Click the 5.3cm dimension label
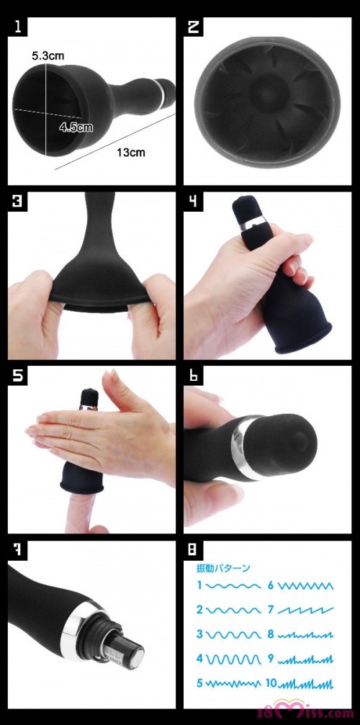tap(48, 56)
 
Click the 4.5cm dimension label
tap(76, 127)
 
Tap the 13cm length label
tap(131, 152)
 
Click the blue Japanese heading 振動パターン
tap(222, 568)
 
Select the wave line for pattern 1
tap(233, 586)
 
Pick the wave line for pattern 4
tap(233, 658)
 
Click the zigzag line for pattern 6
tap(305, 586)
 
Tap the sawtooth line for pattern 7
tap(305, 610)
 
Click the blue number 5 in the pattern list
tap(199, 683)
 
